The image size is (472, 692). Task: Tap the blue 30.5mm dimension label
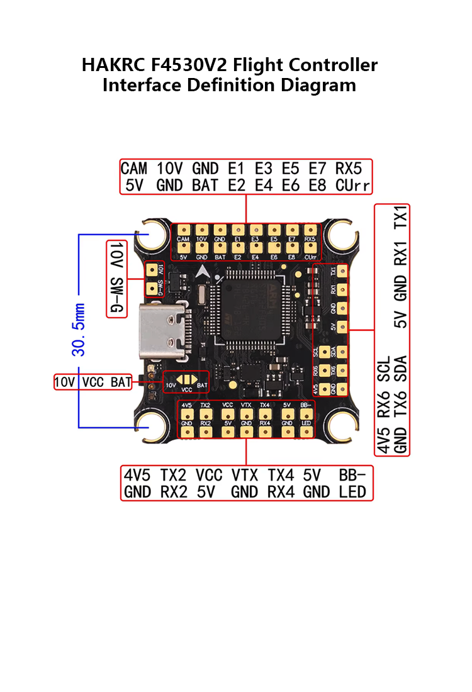click(x=79, y=330)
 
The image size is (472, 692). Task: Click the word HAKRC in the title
click(x=111, y=65)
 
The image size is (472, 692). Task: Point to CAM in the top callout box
click(x=133, y=169)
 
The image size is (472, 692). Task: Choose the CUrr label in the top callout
click(x=353, y=186)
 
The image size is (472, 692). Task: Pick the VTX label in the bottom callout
click(x=245, y=475)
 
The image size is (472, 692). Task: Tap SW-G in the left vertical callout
click(x=117, y=296)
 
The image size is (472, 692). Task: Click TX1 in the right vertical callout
click(x=400, y=218)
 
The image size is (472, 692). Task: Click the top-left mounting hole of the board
click(x=153, y=236)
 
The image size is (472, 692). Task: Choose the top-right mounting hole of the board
click(x=342, y=236)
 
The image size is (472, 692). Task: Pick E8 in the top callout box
click(x=317, y=186)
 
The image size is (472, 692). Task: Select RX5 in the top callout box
click(x=349, y=169)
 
